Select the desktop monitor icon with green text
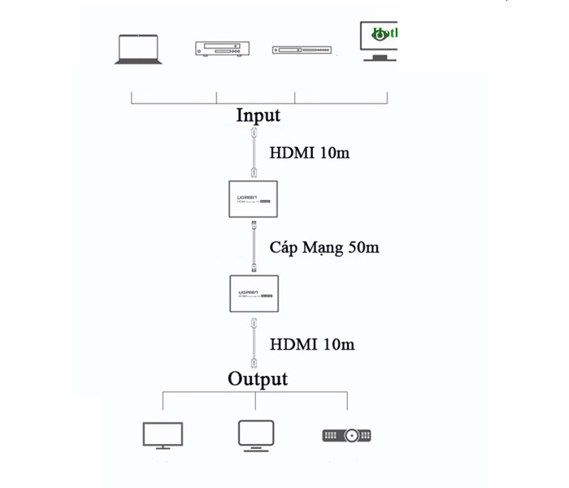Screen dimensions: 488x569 tap(379, 41)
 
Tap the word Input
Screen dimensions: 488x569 tap(258, 115)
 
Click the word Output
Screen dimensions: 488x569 tap(258, 378)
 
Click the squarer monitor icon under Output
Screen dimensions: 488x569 tap(256, 434)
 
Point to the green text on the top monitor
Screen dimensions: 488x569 tap(384, 34)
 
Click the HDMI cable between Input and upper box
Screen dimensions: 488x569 tap(254, 152)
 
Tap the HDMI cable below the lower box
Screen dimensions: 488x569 tap(254, 345)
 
